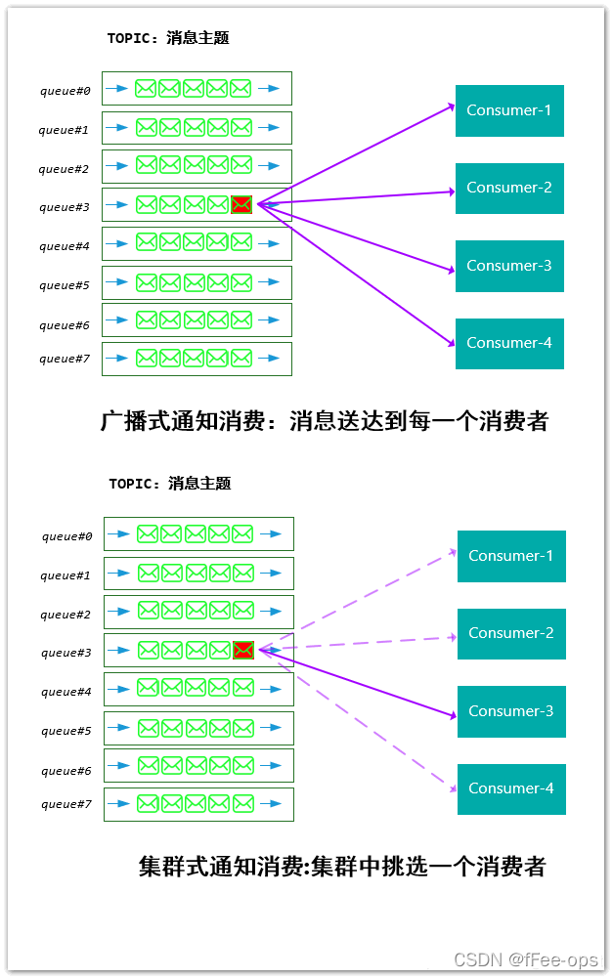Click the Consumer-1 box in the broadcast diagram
pos(509,110)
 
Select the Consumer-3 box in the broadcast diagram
pos(509,266)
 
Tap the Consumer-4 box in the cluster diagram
pos(511,788)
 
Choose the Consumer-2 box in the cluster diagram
pos(511,633)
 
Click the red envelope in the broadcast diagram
pos(241,204)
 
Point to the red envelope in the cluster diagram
pos(243,650)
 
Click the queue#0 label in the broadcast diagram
pos(66,91)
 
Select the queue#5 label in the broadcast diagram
pos(66,285)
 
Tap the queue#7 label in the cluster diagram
pos(66,804)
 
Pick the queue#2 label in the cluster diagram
pos(66,615)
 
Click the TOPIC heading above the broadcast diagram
pos(168,38)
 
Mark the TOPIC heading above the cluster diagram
pos(170,484)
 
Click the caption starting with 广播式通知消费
pos(325,421)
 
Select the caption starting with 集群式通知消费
pos(341,867)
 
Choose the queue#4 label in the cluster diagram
pos(66,692)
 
